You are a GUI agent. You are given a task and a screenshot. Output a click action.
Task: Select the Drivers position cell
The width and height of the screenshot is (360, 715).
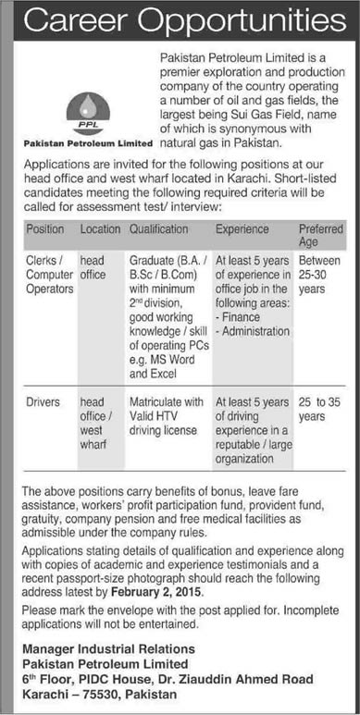pos(44,402)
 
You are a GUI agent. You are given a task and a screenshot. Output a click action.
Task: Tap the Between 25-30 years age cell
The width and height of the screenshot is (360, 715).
pos(320,276)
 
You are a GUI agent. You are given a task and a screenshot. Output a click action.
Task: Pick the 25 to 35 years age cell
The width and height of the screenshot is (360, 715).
pos(320,410)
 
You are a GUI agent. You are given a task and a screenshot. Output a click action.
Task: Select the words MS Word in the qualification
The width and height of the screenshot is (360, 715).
pos(180,362)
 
